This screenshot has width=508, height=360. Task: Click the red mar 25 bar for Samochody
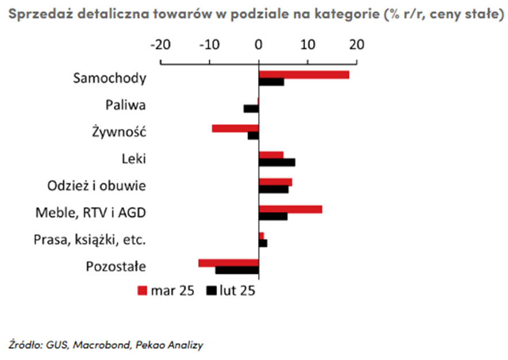click(x=303, y=75)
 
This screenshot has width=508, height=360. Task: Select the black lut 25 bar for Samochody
click(x=271, y=82)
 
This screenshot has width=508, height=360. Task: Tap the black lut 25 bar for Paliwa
click(x=251, y=109)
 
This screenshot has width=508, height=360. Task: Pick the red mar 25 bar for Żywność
click(x=235, y=128)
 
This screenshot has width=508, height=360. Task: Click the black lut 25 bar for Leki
click(x=276, y=162)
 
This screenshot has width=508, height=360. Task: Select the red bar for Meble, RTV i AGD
click(x=290, y=209)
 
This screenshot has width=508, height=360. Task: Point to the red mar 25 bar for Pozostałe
click(x=228, y=263)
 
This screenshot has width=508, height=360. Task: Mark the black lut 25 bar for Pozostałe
click(x=237, y=270)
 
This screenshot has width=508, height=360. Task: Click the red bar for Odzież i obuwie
click(x=275, y=182)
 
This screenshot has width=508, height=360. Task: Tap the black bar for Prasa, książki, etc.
click(x=263, y=243)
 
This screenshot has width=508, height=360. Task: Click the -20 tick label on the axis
click(x=160, y=44)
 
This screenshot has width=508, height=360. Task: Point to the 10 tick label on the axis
click(x=308, y=44)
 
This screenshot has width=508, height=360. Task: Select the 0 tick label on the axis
click(x=259, y=44)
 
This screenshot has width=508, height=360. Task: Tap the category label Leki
click(x=134, y=158)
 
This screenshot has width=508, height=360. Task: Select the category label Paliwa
click(x=125, y=105)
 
